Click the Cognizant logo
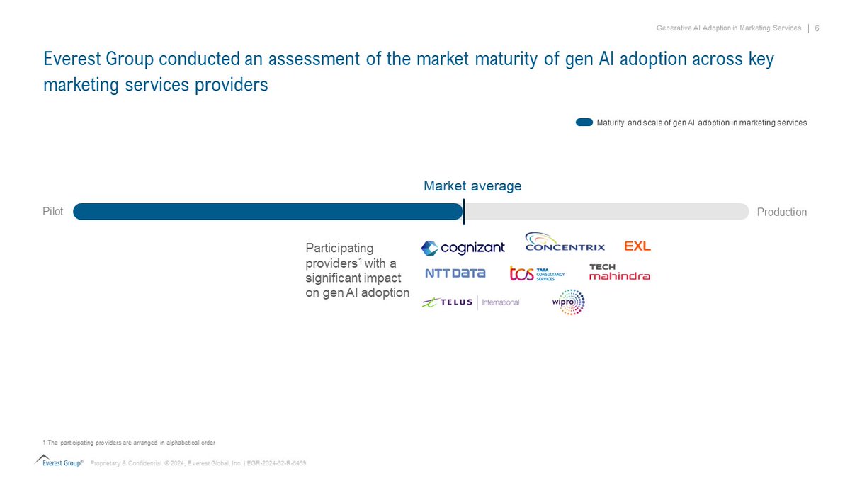click(x=463, y=248)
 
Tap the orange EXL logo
click(x=637, y=246)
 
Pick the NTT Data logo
click(x=455, y=273)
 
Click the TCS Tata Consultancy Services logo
click(x=537, y=273)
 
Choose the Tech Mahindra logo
click(x=619, y=272)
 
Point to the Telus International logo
click(x=470, y=302)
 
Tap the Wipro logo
click(x=568, y=302)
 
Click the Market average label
click(x=472, y=186)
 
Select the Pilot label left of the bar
click(x=53, y=212)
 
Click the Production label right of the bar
click(x=781, y=212)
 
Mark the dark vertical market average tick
click(x=463, y=212)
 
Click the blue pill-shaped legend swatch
click(x=584, y=123)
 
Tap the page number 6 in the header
click(x=817, y=28)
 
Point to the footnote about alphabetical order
click(x=129, y=442)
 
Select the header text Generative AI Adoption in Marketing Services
click(x=727, y=28)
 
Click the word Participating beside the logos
click(x=339, y=248)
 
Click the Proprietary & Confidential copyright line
click(x=198, y=463)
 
